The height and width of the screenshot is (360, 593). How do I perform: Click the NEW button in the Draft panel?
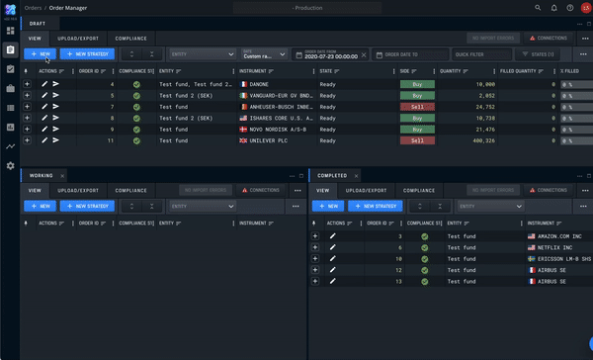tap(41, 54)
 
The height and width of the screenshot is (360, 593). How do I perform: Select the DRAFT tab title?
tap(38, 23)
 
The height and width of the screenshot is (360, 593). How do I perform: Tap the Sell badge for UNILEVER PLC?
tap(417, 140)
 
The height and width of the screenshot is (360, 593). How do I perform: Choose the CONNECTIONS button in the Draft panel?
tap(547, 38)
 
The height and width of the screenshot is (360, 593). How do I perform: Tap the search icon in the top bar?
tap(538, 7)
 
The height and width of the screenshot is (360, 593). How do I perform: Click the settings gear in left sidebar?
tap(10, 165)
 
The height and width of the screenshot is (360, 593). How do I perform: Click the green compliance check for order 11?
tap(136, 140)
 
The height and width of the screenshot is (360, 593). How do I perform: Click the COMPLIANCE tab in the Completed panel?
tap(419, 190)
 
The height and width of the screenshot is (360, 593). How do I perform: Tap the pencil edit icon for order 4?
tap(43, 85)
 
